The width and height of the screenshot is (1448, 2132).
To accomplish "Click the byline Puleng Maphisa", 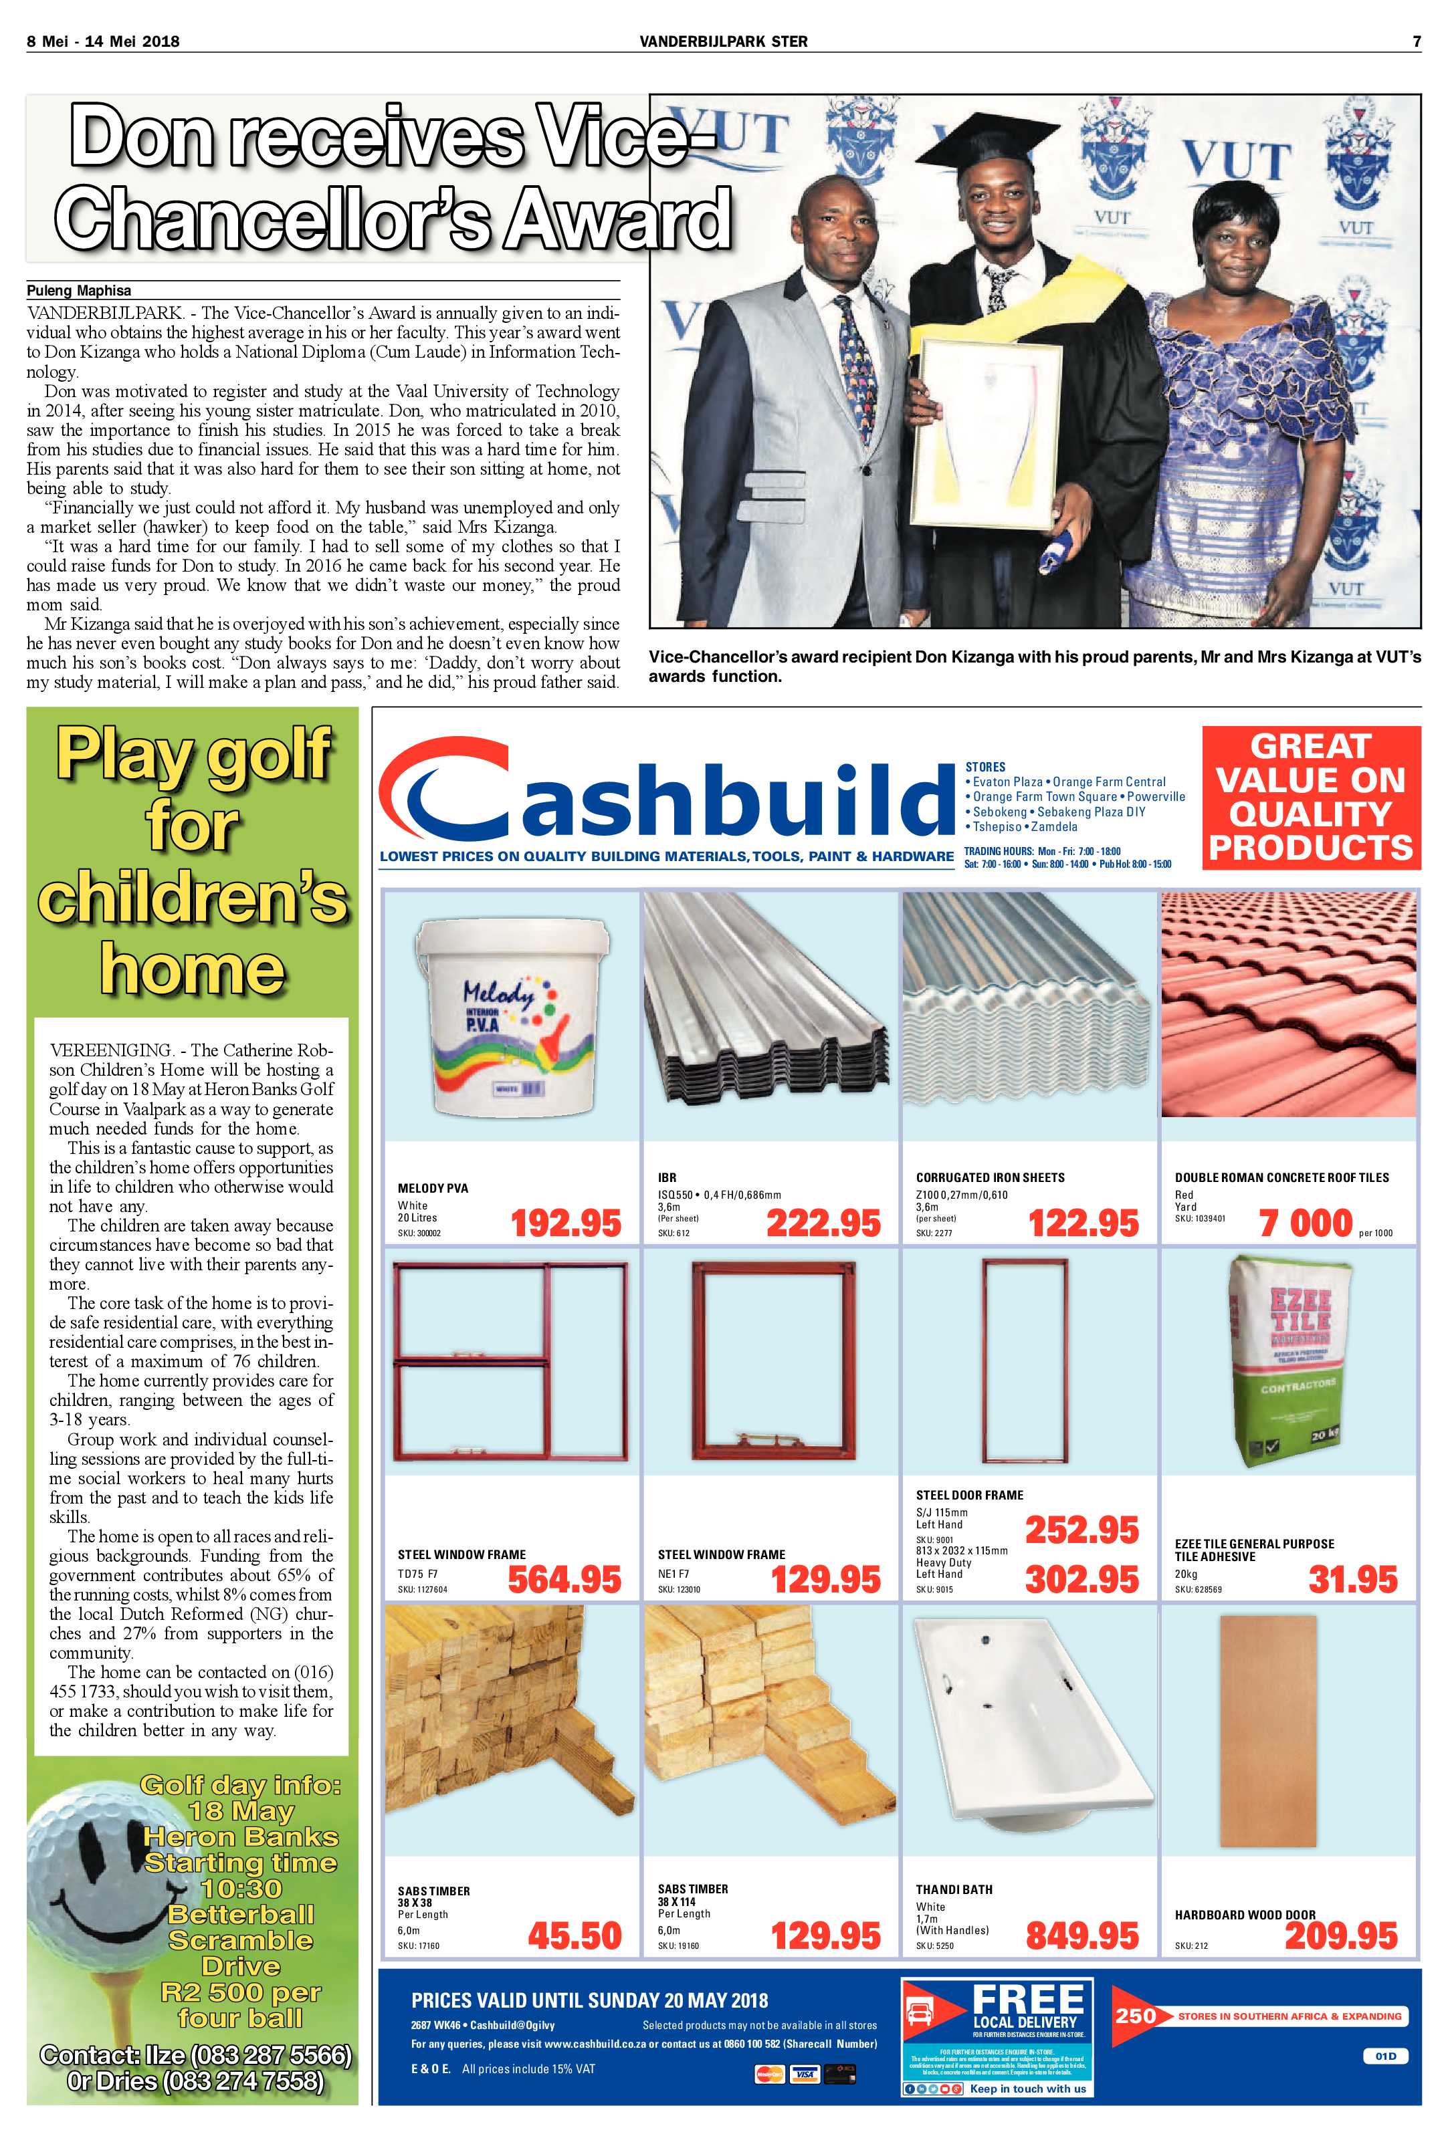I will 79,291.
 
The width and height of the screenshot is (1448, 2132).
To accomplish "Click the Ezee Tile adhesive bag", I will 1291,1364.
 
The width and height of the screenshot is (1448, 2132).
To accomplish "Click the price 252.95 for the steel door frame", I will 1082,1529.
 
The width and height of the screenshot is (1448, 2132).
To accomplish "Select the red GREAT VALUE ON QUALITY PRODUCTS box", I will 1310,796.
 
